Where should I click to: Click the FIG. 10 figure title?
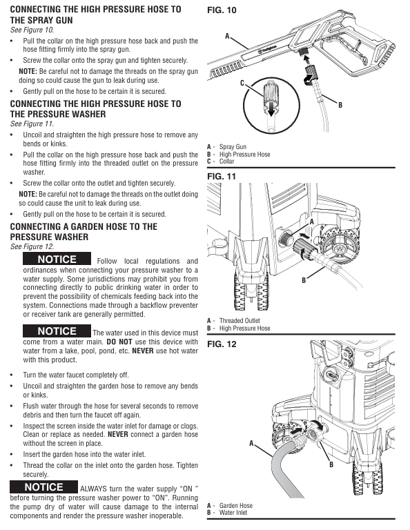(222, 10)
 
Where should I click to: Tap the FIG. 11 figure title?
(222, 177)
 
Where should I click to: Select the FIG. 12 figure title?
(222, 344)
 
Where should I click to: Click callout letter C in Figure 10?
(242, 83)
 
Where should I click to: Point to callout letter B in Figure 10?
(340, 105)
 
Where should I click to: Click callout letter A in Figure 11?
(311, 222)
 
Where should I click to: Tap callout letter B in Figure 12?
(331, 464)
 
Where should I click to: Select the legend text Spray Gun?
(233, 147)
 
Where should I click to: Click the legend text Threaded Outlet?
(240, 320)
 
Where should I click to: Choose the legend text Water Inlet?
(233, 513)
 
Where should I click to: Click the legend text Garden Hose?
(236, 505)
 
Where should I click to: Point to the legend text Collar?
(227, 161)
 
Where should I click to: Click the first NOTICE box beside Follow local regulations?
(57, 259)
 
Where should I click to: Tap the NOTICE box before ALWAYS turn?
(43, 487)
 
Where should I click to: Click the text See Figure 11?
(32, 124)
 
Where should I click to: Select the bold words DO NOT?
(119, 342)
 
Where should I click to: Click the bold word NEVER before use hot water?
(143, 351)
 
